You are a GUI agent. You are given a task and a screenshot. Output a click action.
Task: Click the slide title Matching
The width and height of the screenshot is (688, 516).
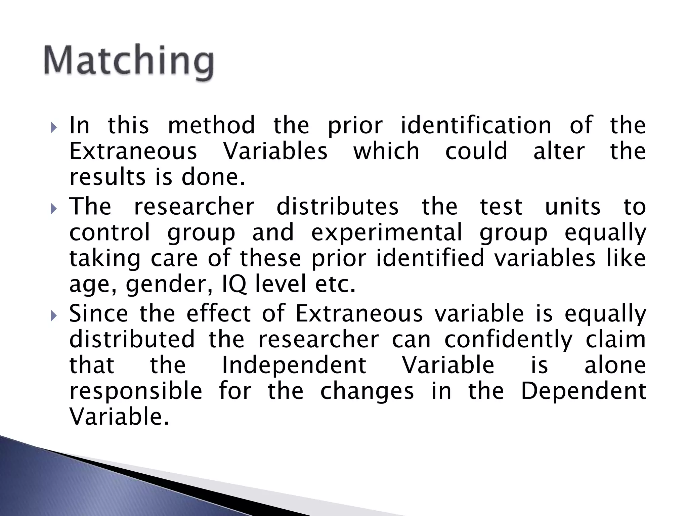click(x=129, y=61)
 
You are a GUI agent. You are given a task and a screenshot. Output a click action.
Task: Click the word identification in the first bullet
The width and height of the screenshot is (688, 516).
click(x=476, y=125)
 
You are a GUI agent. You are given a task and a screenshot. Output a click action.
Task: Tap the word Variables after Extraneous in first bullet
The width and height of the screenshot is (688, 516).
click(x=275, y=151)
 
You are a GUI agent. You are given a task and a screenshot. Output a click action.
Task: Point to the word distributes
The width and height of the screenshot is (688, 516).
click(x=338, y=207)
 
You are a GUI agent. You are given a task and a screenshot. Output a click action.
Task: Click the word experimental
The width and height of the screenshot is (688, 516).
click(x=387, y=232)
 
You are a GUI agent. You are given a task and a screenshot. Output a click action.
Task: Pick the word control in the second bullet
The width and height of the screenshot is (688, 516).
click(x=110, y=232)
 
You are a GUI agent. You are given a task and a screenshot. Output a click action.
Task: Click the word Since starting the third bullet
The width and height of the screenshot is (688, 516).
click(x=98, y=313)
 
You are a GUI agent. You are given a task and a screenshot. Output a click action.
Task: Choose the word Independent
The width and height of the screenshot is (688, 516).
click(x=294, y=365)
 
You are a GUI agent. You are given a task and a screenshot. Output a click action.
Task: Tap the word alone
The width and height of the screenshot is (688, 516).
click(x=615, y=365)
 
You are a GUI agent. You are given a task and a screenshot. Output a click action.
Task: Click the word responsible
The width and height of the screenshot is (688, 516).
click(x=136, y=391)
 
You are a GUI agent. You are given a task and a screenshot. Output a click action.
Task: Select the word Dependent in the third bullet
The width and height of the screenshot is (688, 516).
click(x=584, y=391)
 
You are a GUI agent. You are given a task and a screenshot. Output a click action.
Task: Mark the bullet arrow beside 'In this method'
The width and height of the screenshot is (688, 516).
click(x=54, y=128)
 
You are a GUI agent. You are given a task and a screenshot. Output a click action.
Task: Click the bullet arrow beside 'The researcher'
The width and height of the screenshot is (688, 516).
click(x=54, y=209)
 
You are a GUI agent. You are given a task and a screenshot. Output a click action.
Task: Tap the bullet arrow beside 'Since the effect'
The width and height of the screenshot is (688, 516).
click(x=54, y=316)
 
